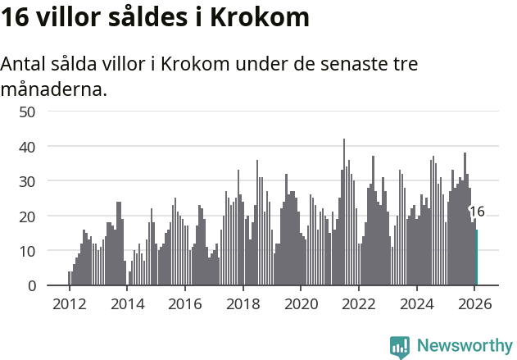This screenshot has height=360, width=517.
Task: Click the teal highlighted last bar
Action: pos(477,257)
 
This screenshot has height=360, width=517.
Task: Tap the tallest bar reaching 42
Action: pos(344,213)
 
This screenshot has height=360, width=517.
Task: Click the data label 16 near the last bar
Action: pos(477,212)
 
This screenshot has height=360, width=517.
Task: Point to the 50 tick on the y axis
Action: pos(27,112)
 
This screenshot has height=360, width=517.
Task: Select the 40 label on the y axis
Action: pos(27,146)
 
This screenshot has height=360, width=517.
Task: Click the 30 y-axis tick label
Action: pos(27,181)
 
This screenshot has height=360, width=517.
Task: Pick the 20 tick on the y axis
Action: pos(27,216)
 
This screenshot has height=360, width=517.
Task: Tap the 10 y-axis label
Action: pos(27,251)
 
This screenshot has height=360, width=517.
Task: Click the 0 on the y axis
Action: pos(31,285)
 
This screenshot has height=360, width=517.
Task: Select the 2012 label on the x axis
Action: pos(69,303)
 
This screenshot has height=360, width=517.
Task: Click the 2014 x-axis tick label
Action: pos(127,303)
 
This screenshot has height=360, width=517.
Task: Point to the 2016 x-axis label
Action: pos(184,303)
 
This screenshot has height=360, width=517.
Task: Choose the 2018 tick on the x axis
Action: pos(243,303)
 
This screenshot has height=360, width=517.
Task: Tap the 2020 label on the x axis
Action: pos(301,303)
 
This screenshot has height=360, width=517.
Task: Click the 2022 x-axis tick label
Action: pos(358,303)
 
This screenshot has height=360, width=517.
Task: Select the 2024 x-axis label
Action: pos(416,303)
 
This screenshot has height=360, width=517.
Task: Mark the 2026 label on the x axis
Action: pos(474,303)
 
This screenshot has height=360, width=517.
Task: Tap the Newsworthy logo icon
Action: pos(400,347)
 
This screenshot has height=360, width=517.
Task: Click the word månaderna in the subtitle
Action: pos(53,89)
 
